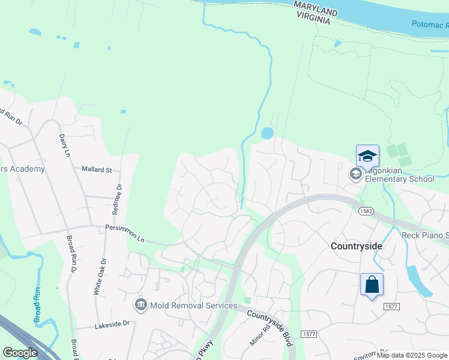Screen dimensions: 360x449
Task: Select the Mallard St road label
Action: point(97,170)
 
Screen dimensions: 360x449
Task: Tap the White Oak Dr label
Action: point(99,276)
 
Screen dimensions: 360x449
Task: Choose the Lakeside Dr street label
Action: point(113,324)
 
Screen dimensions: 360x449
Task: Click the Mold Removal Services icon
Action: point(141,305)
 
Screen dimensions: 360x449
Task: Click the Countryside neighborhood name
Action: point(357,246)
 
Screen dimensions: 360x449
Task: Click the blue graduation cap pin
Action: point(367,156)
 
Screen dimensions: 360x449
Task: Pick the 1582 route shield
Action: point(367,211)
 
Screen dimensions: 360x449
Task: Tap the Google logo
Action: point(20,353)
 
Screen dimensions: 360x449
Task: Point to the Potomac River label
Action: point(430,26)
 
